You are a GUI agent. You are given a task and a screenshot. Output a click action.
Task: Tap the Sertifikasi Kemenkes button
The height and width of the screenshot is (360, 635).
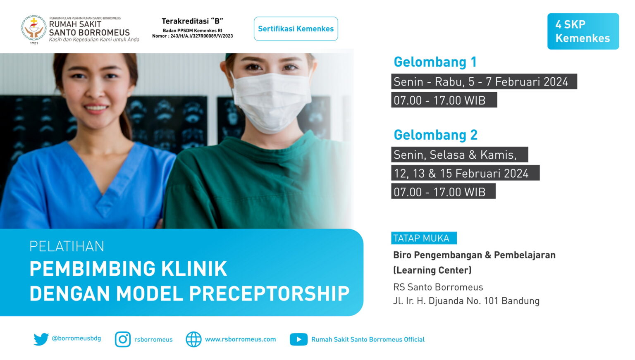click(296, 29)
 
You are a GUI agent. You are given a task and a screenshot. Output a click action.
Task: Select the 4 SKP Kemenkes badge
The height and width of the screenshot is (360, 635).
click(583, 31)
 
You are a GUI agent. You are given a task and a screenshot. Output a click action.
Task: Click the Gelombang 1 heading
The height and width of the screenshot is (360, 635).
click(435, 62)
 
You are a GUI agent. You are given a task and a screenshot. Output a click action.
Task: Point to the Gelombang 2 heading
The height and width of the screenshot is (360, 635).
click(435, 135)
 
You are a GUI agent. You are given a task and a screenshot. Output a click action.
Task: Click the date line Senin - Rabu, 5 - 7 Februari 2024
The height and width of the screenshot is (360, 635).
click(484, 82)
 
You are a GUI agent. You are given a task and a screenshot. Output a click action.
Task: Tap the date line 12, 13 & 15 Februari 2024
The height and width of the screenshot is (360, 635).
click(465, 173)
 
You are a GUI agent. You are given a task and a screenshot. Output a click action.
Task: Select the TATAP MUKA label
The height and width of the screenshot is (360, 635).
click(424, 238)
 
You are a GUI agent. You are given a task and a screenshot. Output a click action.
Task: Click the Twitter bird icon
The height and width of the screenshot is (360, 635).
click(41, 339)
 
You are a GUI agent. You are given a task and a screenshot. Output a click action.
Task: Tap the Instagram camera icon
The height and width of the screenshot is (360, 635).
click(123, 339)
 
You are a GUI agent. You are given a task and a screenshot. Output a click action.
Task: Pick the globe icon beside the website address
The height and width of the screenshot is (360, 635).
click(193, 339)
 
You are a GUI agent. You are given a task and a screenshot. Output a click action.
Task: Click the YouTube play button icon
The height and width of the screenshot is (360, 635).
click(298, 339)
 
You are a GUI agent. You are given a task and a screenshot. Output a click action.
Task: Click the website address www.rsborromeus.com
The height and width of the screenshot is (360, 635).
click(240, 339)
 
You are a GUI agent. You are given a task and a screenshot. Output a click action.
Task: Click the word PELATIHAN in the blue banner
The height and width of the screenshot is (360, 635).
click(67, 246)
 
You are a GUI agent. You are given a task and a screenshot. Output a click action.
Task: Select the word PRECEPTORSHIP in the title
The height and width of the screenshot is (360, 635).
click(269, 293)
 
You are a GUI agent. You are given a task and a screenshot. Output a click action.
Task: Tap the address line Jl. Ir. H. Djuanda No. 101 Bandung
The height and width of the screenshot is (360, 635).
click(466, 301)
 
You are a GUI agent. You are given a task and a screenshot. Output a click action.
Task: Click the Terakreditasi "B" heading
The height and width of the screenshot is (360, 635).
click(193, 21)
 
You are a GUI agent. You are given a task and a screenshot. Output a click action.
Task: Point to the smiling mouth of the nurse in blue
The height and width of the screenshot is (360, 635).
click(96, 109)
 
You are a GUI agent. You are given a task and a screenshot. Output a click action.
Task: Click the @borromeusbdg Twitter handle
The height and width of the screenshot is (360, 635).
click(76, 339)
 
